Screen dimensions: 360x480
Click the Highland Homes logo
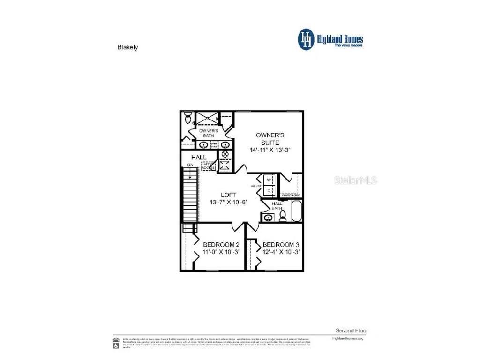330,39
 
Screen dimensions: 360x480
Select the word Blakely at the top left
127,47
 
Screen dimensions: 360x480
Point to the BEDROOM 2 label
221,245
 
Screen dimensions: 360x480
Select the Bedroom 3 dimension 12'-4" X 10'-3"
281,252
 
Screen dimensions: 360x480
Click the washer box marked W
269,180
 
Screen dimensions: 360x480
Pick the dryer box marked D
269,191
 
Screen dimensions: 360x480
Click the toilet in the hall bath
283,216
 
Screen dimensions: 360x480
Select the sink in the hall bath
268,217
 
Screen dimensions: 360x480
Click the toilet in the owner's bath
188,117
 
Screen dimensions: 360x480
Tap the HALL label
199,157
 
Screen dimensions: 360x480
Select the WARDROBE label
291,195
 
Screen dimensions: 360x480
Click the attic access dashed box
208,166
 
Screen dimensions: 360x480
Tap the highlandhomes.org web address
347,338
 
